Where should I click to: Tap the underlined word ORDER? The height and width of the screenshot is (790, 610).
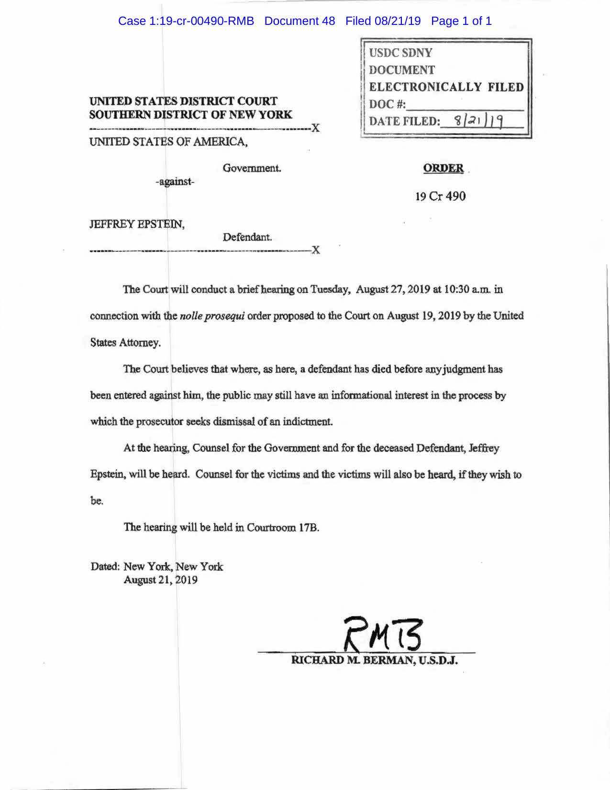[x=443, y=169]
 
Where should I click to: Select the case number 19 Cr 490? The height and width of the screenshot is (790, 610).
[x=440, y=196]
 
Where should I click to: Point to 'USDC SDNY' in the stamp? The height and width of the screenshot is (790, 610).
[x=400, y=53]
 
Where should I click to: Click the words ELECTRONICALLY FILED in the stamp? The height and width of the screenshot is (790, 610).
[x=446, y=87]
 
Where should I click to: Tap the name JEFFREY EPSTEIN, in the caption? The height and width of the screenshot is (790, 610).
[x=137, y=224]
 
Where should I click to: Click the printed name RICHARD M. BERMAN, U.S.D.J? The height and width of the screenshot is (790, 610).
[x=375, y=661]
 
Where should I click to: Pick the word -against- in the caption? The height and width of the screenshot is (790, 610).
[x=175, y=182]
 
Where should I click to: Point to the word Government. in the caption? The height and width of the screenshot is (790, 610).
[x=252, y=169]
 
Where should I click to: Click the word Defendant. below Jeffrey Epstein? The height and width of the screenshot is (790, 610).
[x=247, y=237]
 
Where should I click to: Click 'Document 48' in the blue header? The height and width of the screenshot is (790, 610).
[x=299, y=21]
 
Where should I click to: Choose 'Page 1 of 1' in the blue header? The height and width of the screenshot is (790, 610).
[x=461, y=21]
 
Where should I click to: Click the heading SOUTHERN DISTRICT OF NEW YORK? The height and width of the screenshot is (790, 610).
[x=190, y=115]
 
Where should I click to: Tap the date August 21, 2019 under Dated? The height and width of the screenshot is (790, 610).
[x=160, y=580]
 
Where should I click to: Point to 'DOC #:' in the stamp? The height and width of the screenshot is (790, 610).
[x=387, y=104]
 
